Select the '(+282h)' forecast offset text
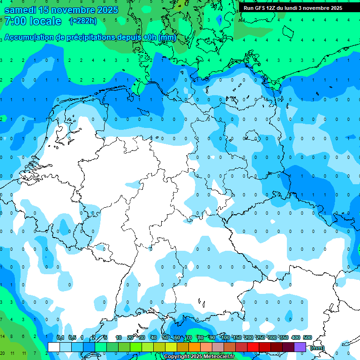(83, 21)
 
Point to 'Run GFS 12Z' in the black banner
(259, 8)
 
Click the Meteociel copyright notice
(199, 357)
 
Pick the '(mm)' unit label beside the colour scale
(317, 348)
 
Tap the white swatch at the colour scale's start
(54, 347)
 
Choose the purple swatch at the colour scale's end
(300, 347)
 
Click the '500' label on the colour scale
(307, 337)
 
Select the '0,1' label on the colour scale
(60, 337)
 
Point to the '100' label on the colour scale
(225, 337)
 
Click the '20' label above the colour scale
(130, 337)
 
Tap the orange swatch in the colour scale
(195, 347)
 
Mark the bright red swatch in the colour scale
(253, 347)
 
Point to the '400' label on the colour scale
(295, 337)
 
